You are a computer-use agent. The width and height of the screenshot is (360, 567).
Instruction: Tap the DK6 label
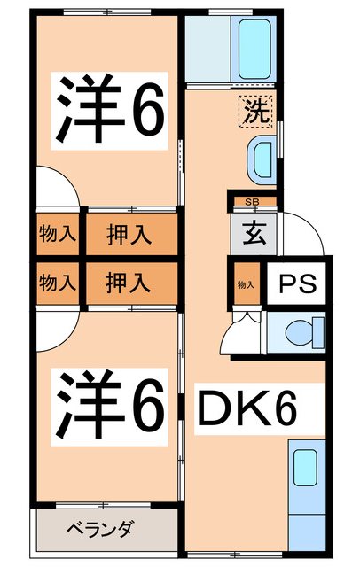pyautogui.click(x=246, y=408)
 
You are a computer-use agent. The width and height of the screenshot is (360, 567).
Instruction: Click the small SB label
pyautogui.click(x=250, y=203)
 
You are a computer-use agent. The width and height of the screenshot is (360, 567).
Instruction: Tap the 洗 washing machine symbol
pyautogui.click(x=254, y=113)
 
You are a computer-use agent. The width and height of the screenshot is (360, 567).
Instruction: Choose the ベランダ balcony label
pyautogui.click(x=100, y=530)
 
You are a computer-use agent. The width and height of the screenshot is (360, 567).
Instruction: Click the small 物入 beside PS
pyautogui.click(x=246, y=284)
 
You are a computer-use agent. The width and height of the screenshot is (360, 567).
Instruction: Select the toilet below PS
pyautogui.click(x=299, y=334)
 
